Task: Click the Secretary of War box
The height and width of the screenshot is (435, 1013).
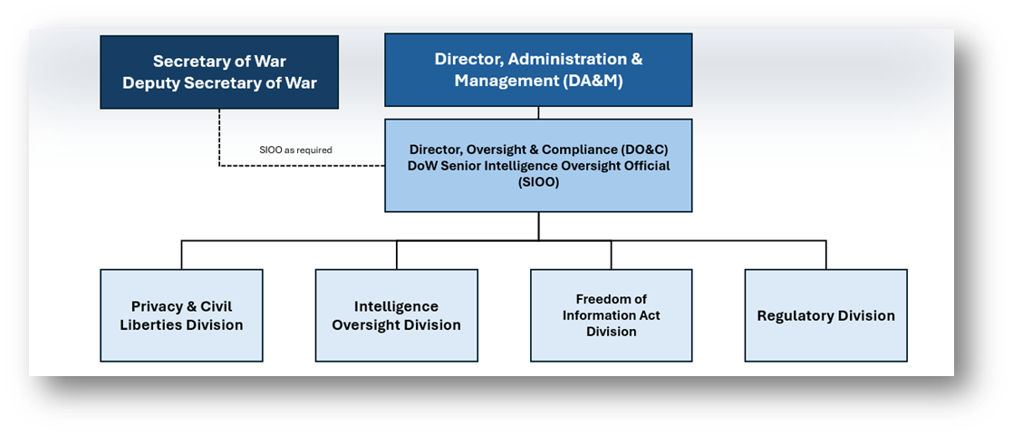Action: click(219, 72)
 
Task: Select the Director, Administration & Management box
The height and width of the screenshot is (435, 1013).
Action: click(538, 70)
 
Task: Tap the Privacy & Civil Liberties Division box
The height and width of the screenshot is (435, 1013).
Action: click(181, 315)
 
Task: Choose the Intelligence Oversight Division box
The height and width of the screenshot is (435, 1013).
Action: click(397, 315)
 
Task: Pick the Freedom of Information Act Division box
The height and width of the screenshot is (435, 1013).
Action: click(612, 315)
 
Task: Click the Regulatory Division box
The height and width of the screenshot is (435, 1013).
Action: click(825, 315)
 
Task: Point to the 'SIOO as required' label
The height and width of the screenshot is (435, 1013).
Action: click(295, 150)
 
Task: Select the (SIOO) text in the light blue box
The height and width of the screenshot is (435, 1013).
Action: click(538, 182)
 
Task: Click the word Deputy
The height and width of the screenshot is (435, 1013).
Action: click(149, 83)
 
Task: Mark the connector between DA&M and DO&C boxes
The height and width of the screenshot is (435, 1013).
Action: click(538, 112)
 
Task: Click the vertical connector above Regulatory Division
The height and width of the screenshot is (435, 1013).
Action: click(825, 255)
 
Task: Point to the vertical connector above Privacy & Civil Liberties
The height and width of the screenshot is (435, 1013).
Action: click(181, 255)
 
